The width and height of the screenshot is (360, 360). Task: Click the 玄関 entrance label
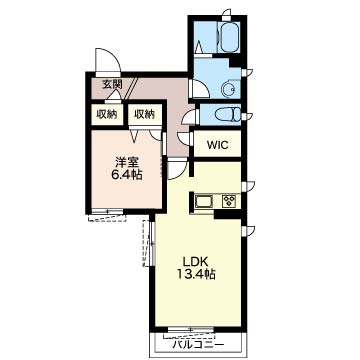click(x=112, y=85)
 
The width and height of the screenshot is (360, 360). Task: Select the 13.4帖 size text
click(x=195, y=274)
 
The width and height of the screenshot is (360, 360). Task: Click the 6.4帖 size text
click(x=127, y=175)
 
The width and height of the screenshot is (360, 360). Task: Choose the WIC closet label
click(x=217, y=145)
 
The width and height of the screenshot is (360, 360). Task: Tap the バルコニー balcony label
click(x=198, y=345)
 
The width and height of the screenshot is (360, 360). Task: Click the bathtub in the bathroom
click(x=230, y=37)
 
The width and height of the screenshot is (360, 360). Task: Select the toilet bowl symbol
click(x=228, y=115)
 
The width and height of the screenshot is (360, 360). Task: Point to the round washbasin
click(x=229, y=89)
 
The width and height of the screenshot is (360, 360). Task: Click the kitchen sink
click(x=204, y=201)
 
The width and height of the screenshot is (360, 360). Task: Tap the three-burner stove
click(x=229, y=200)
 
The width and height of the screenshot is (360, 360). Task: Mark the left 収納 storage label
click(x=107, y=114)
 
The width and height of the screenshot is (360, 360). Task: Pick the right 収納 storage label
click(x=145, y=114)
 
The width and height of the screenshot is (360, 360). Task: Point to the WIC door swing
click(x=184, y=137)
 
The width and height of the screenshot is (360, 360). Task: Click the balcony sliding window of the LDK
click(x=191, y=330)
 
